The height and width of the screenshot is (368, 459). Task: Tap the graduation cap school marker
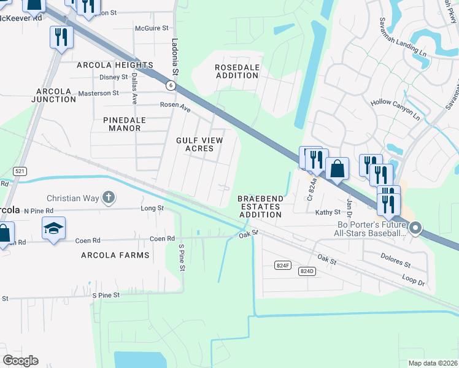point(53,228)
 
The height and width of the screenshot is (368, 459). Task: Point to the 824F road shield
point(282,265)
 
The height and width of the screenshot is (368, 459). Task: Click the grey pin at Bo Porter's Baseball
point(415,228)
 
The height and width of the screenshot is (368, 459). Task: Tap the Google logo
point(21,361)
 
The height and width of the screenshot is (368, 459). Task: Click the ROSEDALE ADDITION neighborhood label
point(236,71)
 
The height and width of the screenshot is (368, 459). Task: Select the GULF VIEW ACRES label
point(199,144)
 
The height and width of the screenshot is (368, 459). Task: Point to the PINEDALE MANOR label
point(114,123)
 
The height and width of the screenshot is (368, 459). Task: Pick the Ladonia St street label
point(175,55)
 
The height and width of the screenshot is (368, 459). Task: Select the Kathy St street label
point(328,212)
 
